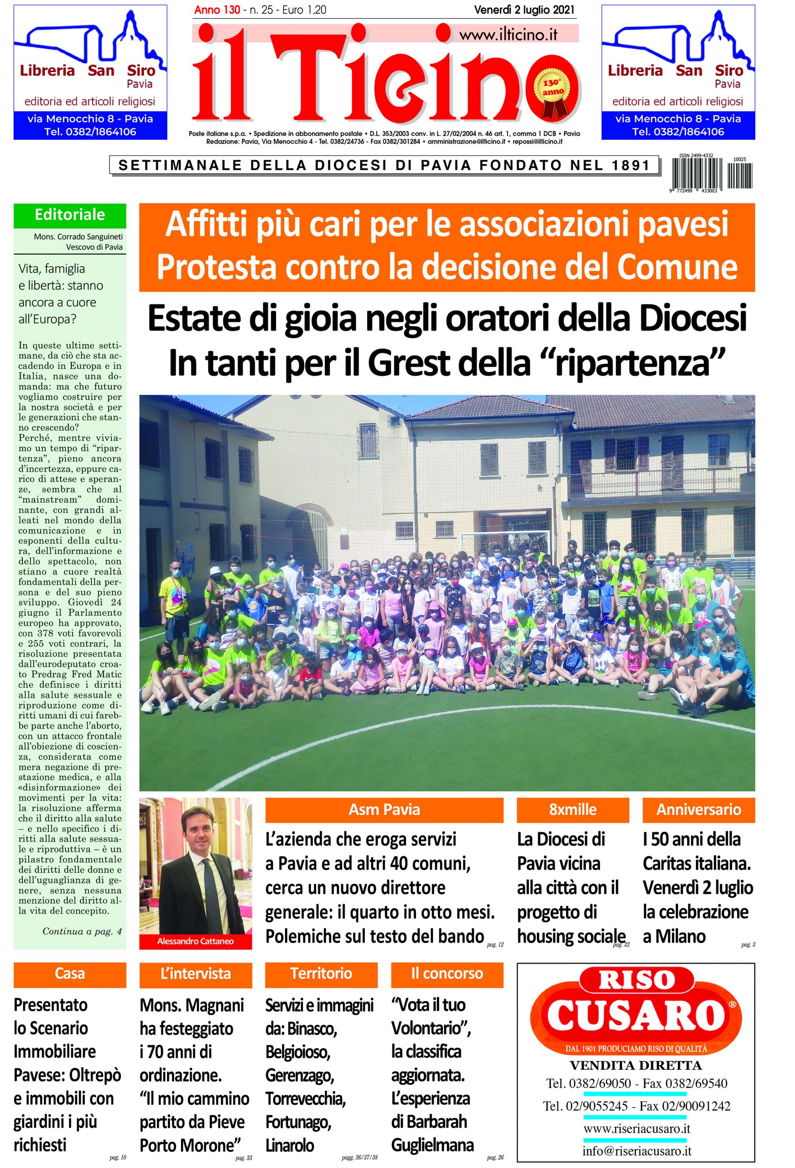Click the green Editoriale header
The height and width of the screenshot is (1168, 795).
click(x=70, y=214)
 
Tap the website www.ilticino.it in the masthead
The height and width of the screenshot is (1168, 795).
click(x=508, y=35)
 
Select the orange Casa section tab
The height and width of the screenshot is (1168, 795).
click(x=70, y=974)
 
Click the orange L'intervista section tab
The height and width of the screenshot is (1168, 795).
click(x=196, y=974)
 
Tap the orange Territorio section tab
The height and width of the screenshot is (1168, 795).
click(x=321, y=974)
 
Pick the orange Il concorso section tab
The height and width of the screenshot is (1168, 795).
click(x=447, y=974)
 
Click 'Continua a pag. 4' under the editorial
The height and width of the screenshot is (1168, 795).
click(x=82, y=931)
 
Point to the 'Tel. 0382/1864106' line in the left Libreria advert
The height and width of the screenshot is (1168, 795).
click(x=90, y=132)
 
